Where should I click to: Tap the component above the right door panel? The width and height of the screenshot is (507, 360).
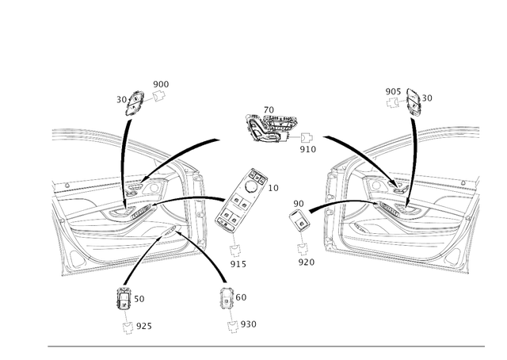pyautogui.click(x=410, y=99)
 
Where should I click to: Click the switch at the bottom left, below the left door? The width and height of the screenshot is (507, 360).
pyautogui.click(x=124, y=298)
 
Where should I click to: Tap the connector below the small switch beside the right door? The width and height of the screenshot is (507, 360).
pyautogui.click(x=303, y=254)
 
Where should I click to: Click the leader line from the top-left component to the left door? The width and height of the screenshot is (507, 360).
pyautogui.click(x=125, y=159)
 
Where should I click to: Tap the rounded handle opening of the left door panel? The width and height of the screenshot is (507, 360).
pyautogui.click(x=183, y=190)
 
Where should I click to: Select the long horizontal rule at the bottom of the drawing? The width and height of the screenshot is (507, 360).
pyautogui.click(x=265, y=346)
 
